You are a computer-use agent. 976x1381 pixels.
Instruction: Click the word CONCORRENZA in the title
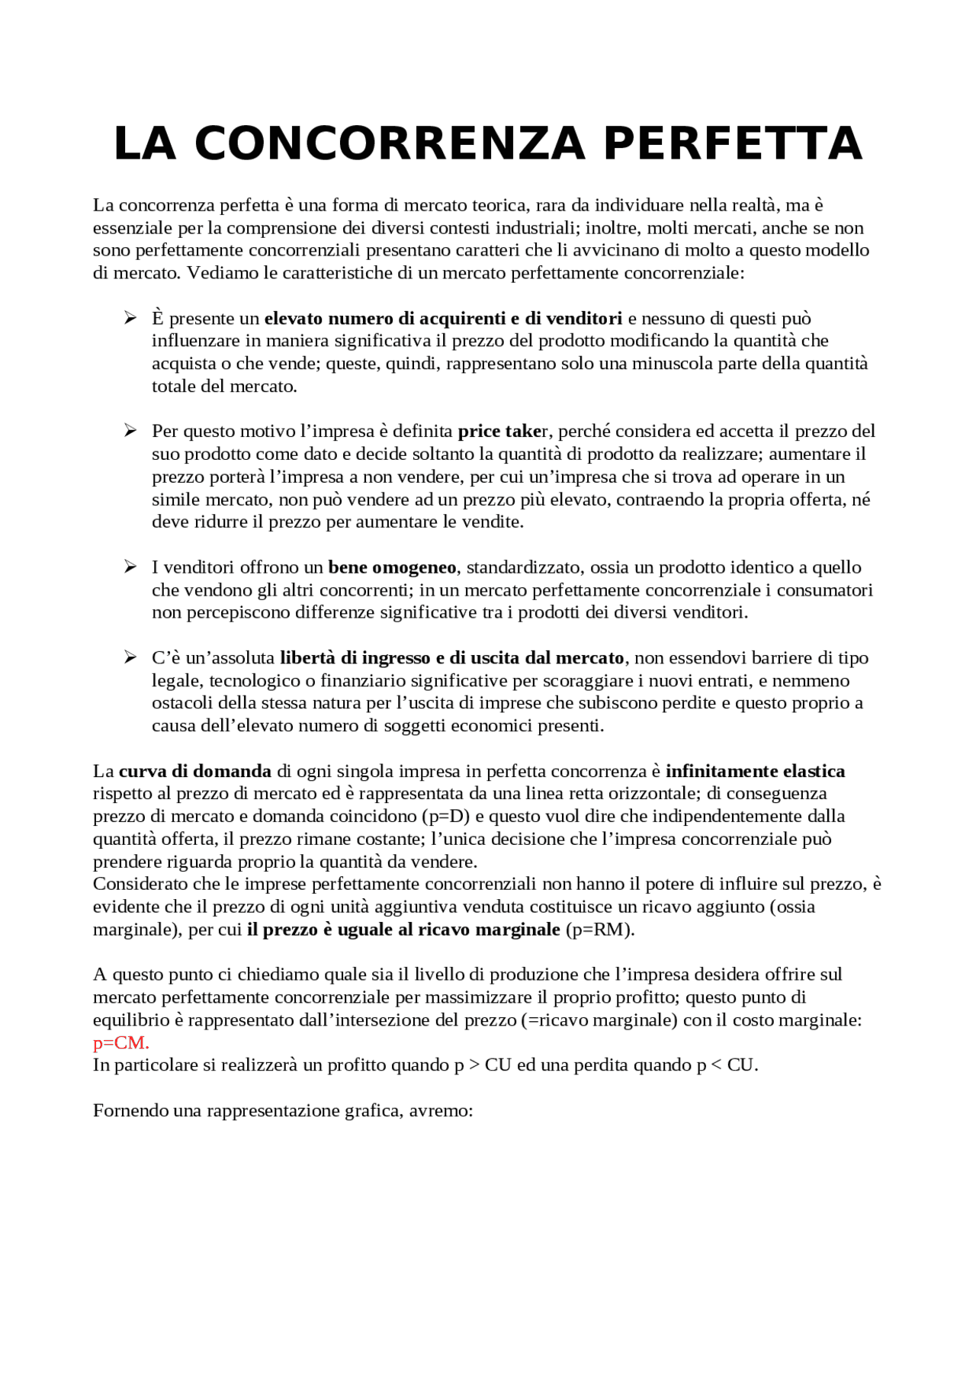[x=390, y=144]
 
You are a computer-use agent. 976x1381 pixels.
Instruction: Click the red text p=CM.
[x=120, y=1042]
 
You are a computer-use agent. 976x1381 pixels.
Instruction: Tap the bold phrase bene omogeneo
[x=392, y=567]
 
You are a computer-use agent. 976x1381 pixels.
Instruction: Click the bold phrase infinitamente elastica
[x=755, y=771]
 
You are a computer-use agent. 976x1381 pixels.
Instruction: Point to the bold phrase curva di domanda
[x=195, y=771]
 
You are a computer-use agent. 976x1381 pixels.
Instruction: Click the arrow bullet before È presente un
[x=130, y=318]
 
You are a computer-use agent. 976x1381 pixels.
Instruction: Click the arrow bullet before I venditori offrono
[x=130, y=567]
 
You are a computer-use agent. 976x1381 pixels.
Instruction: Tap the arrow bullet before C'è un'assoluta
[x=130, y=657]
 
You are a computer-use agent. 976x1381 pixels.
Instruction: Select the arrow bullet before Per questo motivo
[x=130, y=431]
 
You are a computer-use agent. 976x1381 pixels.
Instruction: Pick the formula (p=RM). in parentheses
[x=600, y=930]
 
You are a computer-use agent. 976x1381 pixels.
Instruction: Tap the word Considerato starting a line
[x=140, y=885]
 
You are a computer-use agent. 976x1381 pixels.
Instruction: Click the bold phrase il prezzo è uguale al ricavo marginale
[x=403, y=930]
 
